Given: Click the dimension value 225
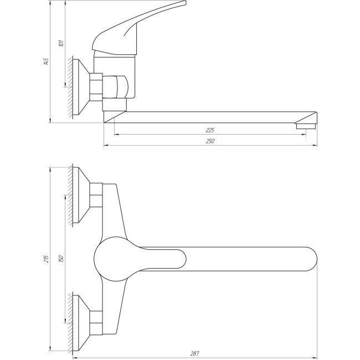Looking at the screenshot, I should (210, 130).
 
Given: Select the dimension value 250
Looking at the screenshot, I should (210, 142).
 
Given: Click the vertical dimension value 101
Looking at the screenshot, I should (61, 42).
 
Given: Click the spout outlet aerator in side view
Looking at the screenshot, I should (305, 126).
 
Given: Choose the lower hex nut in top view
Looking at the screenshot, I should (97, 322).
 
